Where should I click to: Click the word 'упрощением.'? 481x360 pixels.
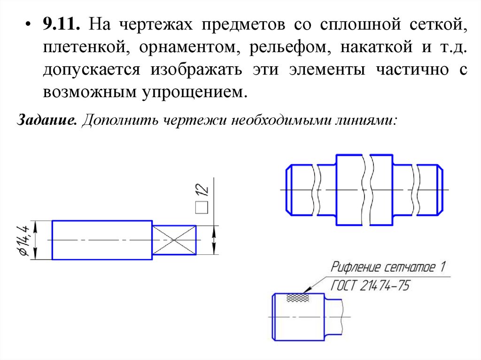193,91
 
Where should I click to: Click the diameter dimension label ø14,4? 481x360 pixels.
24,240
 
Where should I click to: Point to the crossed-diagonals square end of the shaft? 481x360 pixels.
174,240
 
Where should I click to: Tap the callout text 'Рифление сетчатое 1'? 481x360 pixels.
388,268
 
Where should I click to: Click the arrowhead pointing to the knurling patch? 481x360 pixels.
308,291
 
